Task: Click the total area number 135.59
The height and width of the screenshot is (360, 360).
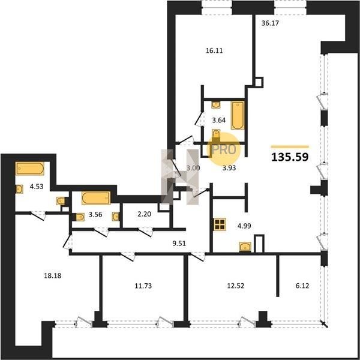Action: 290,157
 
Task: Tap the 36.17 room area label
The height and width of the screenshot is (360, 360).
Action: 270,23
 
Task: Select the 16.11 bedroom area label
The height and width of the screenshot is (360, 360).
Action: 214,50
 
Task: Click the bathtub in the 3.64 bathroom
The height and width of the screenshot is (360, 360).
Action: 238,115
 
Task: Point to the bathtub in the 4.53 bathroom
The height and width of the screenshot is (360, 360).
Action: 30,169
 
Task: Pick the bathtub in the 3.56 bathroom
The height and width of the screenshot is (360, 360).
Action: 96,198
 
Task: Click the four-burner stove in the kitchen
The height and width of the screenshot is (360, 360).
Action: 220,224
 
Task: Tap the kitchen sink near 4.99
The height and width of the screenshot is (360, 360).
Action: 245,247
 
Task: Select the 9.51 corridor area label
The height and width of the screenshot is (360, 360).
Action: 179,244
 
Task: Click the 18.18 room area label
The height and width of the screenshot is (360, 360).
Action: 53,275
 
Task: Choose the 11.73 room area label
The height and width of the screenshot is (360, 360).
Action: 143,286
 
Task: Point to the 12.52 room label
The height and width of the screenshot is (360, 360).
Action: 236,286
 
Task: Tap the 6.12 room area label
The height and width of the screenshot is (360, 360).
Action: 302,286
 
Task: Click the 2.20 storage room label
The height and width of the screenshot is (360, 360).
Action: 144,214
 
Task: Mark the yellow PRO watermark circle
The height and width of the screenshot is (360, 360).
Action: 223,149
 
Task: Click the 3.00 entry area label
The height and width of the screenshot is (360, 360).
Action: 193,168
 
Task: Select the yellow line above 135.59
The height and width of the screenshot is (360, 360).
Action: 290,147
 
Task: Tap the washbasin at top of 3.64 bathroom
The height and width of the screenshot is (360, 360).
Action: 216,104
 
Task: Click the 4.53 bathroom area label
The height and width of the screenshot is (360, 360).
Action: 37,187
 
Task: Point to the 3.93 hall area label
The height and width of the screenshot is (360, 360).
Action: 229,168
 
